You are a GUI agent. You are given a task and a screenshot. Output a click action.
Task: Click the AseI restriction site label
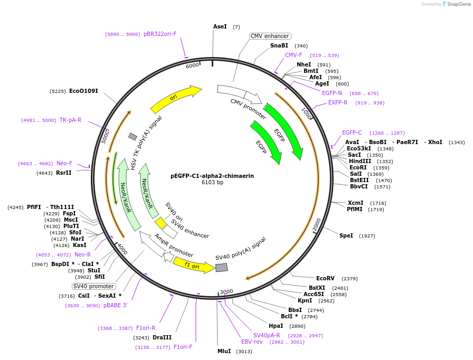[220, 26]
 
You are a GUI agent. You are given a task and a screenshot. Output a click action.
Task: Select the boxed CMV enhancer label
[270, 36]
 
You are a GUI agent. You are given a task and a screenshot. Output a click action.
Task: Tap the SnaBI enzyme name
[279, 46]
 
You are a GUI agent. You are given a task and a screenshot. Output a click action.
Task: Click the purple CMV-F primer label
[294, 55]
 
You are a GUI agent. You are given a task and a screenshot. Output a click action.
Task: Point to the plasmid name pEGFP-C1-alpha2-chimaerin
[212, 176]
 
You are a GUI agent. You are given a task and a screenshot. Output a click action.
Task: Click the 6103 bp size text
[212, 183]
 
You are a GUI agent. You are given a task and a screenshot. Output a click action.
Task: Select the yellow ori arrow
[176, 99]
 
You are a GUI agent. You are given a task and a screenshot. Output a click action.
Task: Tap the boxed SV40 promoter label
[93, 286]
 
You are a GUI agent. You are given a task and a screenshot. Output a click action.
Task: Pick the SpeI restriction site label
[346, 235]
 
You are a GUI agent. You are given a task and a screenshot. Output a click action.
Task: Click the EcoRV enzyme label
[325, 278]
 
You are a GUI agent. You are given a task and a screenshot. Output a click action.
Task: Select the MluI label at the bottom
[224, 351]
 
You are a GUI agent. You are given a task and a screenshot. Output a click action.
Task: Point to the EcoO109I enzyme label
[83, 91]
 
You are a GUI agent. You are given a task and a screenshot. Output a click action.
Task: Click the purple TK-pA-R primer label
[70, 120]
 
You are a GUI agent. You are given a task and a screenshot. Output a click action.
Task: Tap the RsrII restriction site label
[63, 173]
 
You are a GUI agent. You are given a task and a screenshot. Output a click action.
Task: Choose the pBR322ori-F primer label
[160, 34]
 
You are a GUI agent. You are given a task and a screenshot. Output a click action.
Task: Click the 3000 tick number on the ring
[226, 291]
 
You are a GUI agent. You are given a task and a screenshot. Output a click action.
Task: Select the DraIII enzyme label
[162, 337]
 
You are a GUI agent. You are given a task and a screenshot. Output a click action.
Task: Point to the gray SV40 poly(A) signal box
[222, 268]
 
